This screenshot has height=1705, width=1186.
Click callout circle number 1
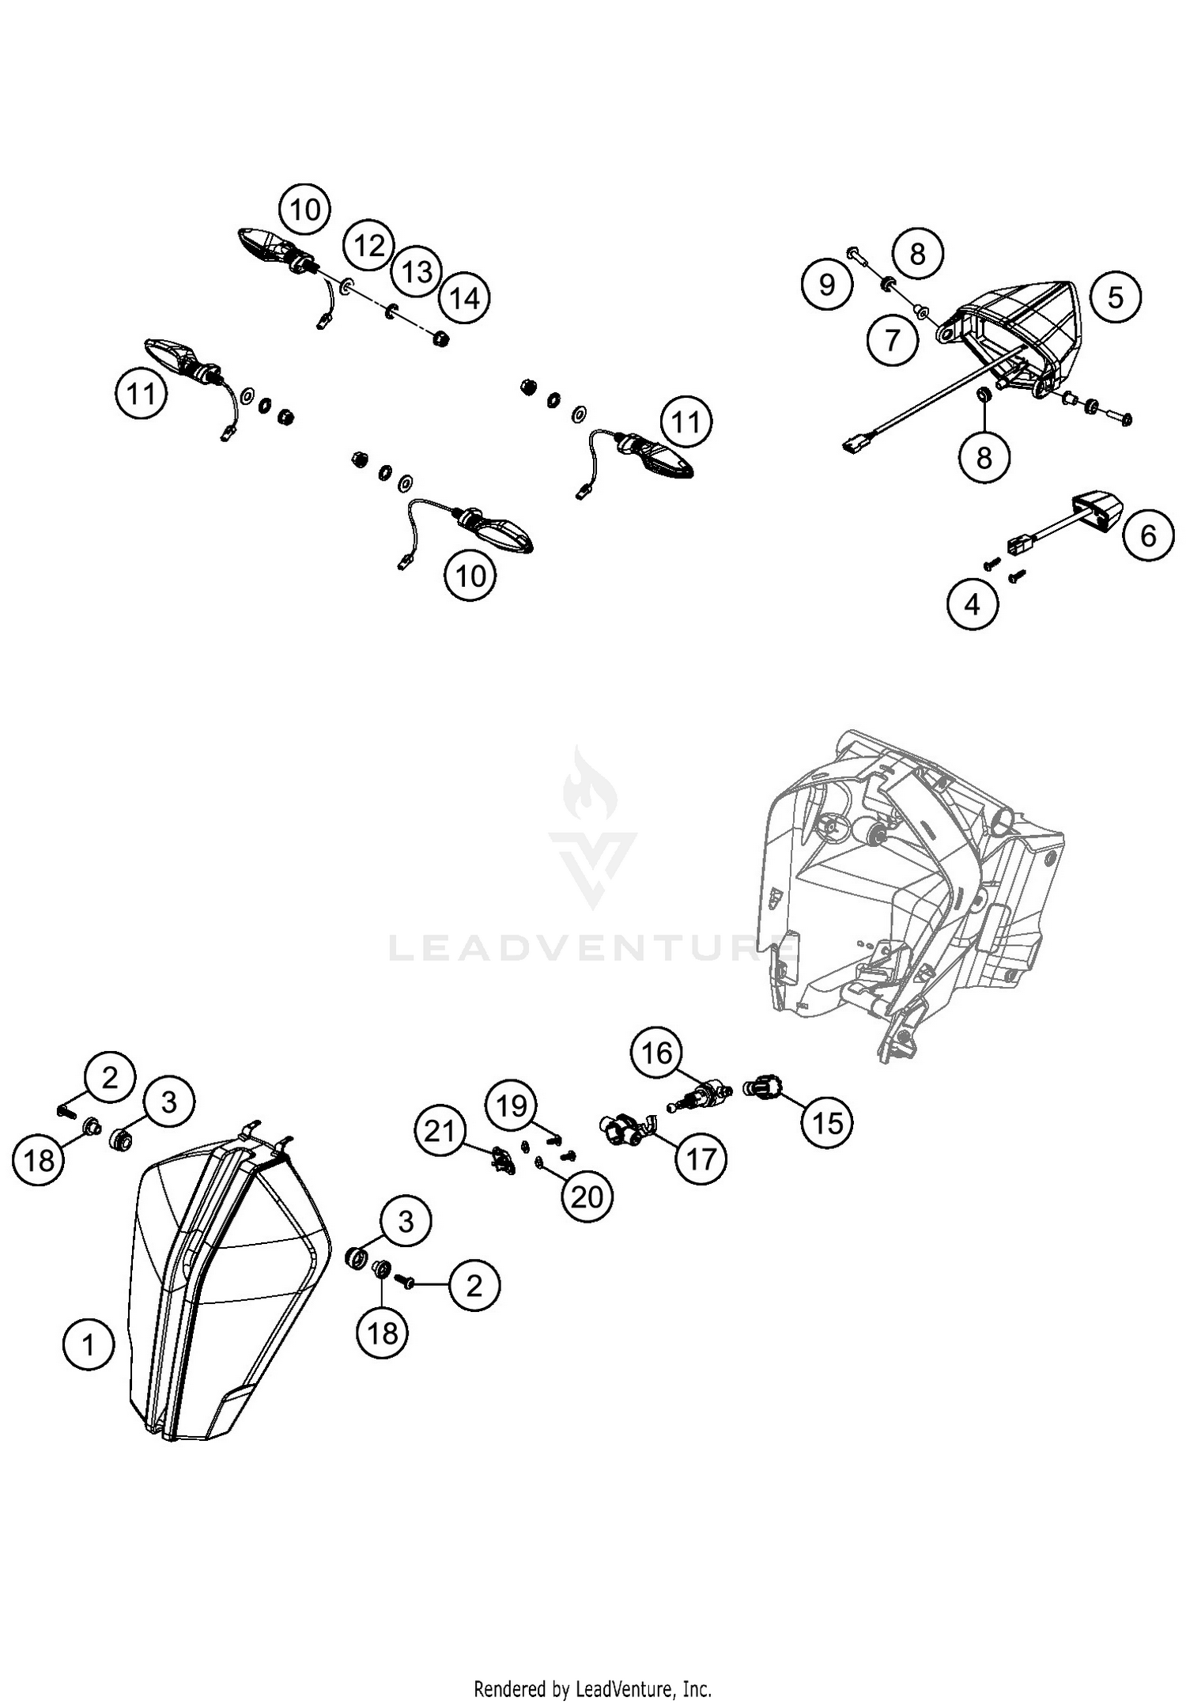point(89,1344)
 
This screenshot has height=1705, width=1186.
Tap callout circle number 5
point(1115,297)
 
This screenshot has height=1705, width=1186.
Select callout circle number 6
point(1148,535)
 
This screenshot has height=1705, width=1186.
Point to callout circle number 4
point(973,605)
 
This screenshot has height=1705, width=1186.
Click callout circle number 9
point(826,283)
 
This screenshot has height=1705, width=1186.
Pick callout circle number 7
point(892,340)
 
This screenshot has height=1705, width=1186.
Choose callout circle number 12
point(369,246)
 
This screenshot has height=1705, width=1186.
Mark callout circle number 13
point(417,272)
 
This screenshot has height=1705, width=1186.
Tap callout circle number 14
point(464,298)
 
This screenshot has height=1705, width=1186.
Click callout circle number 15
point(828,1121)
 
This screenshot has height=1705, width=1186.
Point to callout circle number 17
point(701,1159)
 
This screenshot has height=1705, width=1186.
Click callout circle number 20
point(587,1197)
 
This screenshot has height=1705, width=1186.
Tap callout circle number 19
point(512,1105)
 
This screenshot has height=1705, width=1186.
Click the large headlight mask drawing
point(229,1281)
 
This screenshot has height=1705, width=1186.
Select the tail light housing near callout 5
point(1020,332)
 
